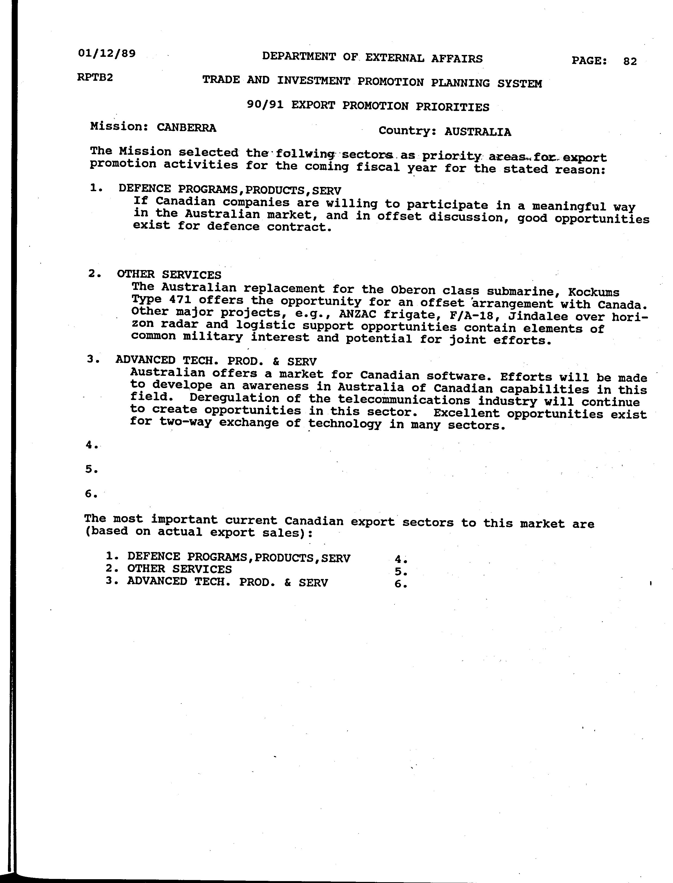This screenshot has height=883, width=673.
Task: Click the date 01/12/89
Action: click(x=107, y=53)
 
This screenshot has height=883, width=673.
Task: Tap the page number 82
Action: click(x=630, y=61)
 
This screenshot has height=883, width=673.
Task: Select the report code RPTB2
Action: click(x=95, y=77)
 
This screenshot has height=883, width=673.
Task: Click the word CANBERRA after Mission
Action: click(x=186, y=128)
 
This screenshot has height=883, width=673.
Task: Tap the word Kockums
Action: click(x=594, y=293)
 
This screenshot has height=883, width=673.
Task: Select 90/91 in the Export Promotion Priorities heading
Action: click(x=266, y=105)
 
